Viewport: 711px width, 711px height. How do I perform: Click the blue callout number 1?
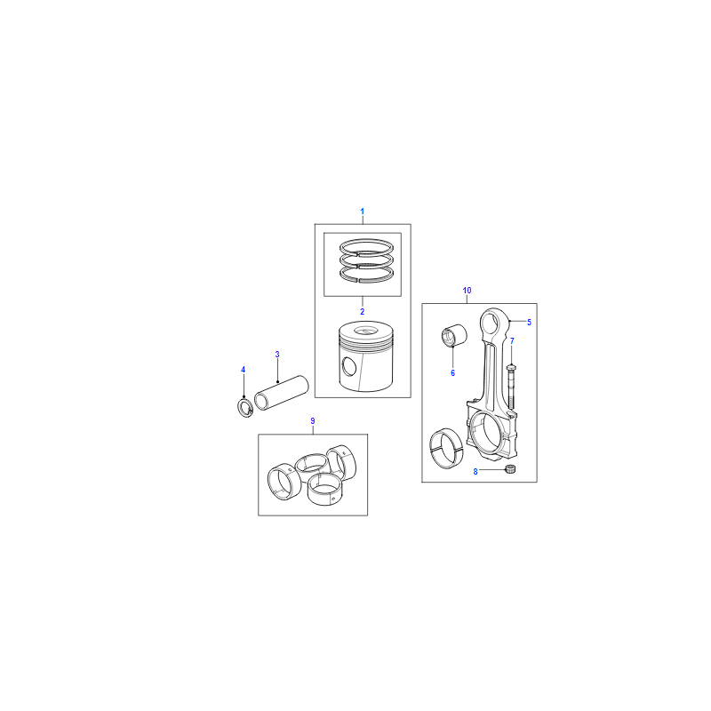362,212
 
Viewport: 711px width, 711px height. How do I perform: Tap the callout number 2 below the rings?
362,312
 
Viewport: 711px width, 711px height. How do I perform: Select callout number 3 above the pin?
277,354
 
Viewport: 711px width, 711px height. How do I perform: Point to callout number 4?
243,370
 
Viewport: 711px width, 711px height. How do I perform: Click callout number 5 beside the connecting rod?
529,322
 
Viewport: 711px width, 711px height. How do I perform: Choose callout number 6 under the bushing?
452,372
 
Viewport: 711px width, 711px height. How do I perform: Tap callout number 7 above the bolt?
512,341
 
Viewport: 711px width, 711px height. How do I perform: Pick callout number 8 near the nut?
475,472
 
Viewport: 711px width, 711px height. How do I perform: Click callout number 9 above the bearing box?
313,421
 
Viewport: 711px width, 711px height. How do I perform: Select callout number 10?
467,291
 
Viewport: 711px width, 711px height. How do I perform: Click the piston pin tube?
281,393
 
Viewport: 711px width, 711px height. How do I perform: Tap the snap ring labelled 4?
245,408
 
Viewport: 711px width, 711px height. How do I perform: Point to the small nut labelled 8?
510,469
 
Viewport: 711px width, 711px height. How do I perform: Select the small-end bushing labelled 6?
454,336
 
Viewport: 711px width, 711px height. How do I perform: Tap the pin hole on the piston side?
349,367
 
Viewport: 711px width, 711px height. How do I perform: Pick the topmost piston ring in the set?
367,246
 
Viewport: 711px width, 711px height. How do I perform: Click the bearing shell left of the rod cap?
446,448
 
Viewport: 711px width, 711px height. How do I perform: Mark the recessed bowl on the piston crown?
365,331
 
